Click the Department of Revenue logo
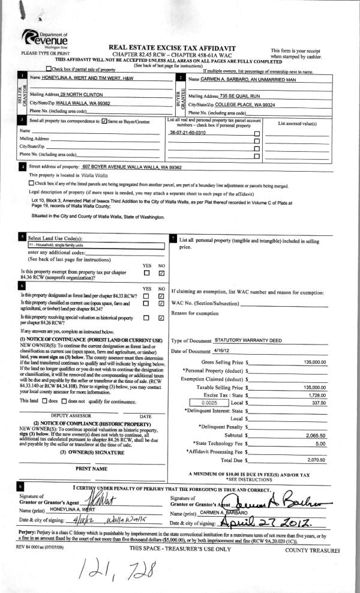44,40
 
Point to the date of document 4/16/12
222,351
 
